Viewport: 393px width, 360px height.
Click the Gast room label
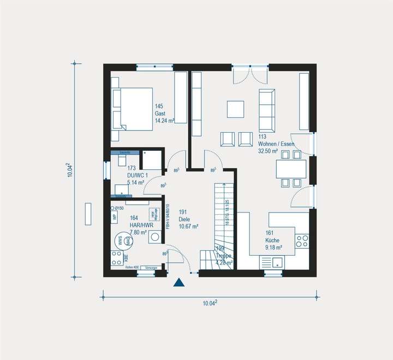(159, 113)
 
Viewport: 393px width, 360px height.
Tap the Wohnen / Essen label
(276, 144)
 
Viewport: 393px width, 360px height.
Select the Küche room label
(272, 240)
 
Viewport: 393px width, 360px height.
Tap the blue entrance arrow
(178, 282)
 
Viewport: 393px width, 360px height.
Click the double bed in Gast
(132, 109)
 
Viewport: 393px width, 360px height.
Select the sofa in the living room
(266, 108)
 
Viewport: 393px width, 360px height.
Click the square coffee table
(236, 109)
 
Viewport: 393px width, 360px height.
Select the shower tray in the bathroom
(151, 160)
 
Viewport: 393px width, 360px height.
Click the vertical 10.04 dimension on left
(69, 170)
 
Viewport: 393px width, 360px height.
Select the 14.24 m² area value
(164, 121)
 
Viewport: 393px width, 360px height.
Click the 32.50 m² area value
(268, 151)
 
